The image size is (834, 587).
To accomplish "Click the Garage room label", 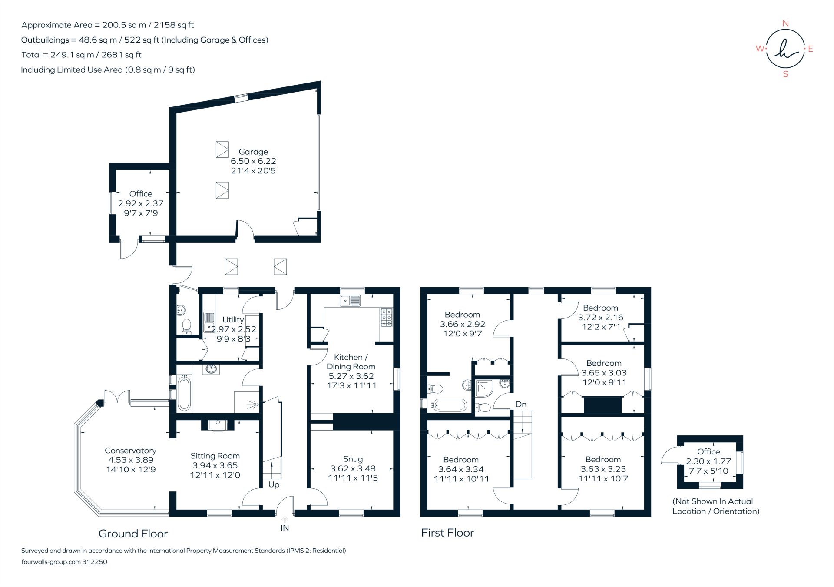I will pos(253,152).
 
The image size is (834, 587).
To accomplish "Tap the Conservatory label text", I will pos(130,451).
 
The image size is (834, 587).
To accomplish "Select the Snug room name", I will pos(353,459).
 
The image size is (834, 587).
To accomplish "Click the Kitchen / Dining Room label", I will pos(351,361).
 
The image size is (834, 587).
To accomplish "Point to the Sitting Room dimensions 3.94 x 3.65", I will pos(215,465).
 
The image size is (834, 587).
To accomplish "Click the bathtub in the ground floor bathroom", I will pos(184,393).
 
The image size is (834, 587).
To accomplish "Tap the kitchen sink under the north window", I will pos(350,300).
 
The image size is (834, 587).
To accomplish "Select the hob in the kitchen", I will pos(386,318).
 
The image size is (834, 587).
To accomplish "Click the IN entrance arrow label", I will pos(285,528).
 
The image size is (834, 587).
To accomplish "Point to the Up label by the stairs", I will pos(274,484).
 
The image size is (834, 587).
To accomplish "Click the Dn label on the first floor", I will pos(521,405).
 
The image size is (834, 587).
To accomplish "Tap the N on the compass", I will pos(785,23).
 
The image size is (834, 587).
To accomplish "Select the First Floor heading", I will pos(447,533).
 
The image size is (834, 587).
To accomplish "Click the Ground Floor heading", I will pos(133,534).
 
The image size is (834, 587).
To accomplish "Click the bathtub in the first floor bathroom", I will pos(449,405).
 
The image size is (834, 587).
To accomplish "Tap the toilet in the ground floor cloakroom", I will pos(187,326).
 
